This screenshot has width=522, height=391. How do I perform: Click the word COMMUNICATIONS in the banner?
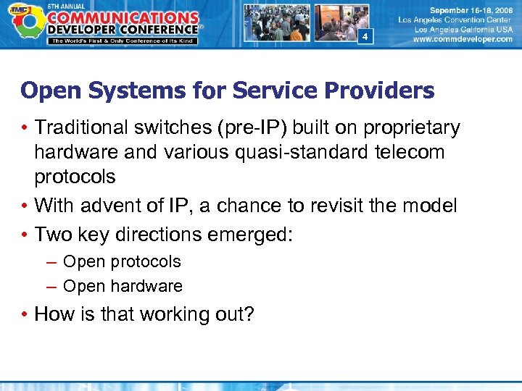pos(125,15)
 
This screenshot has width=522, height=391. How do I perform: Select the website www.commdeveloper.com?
pos(462,40)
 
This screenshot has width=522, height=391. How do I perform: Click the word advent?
pos(118,206)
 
